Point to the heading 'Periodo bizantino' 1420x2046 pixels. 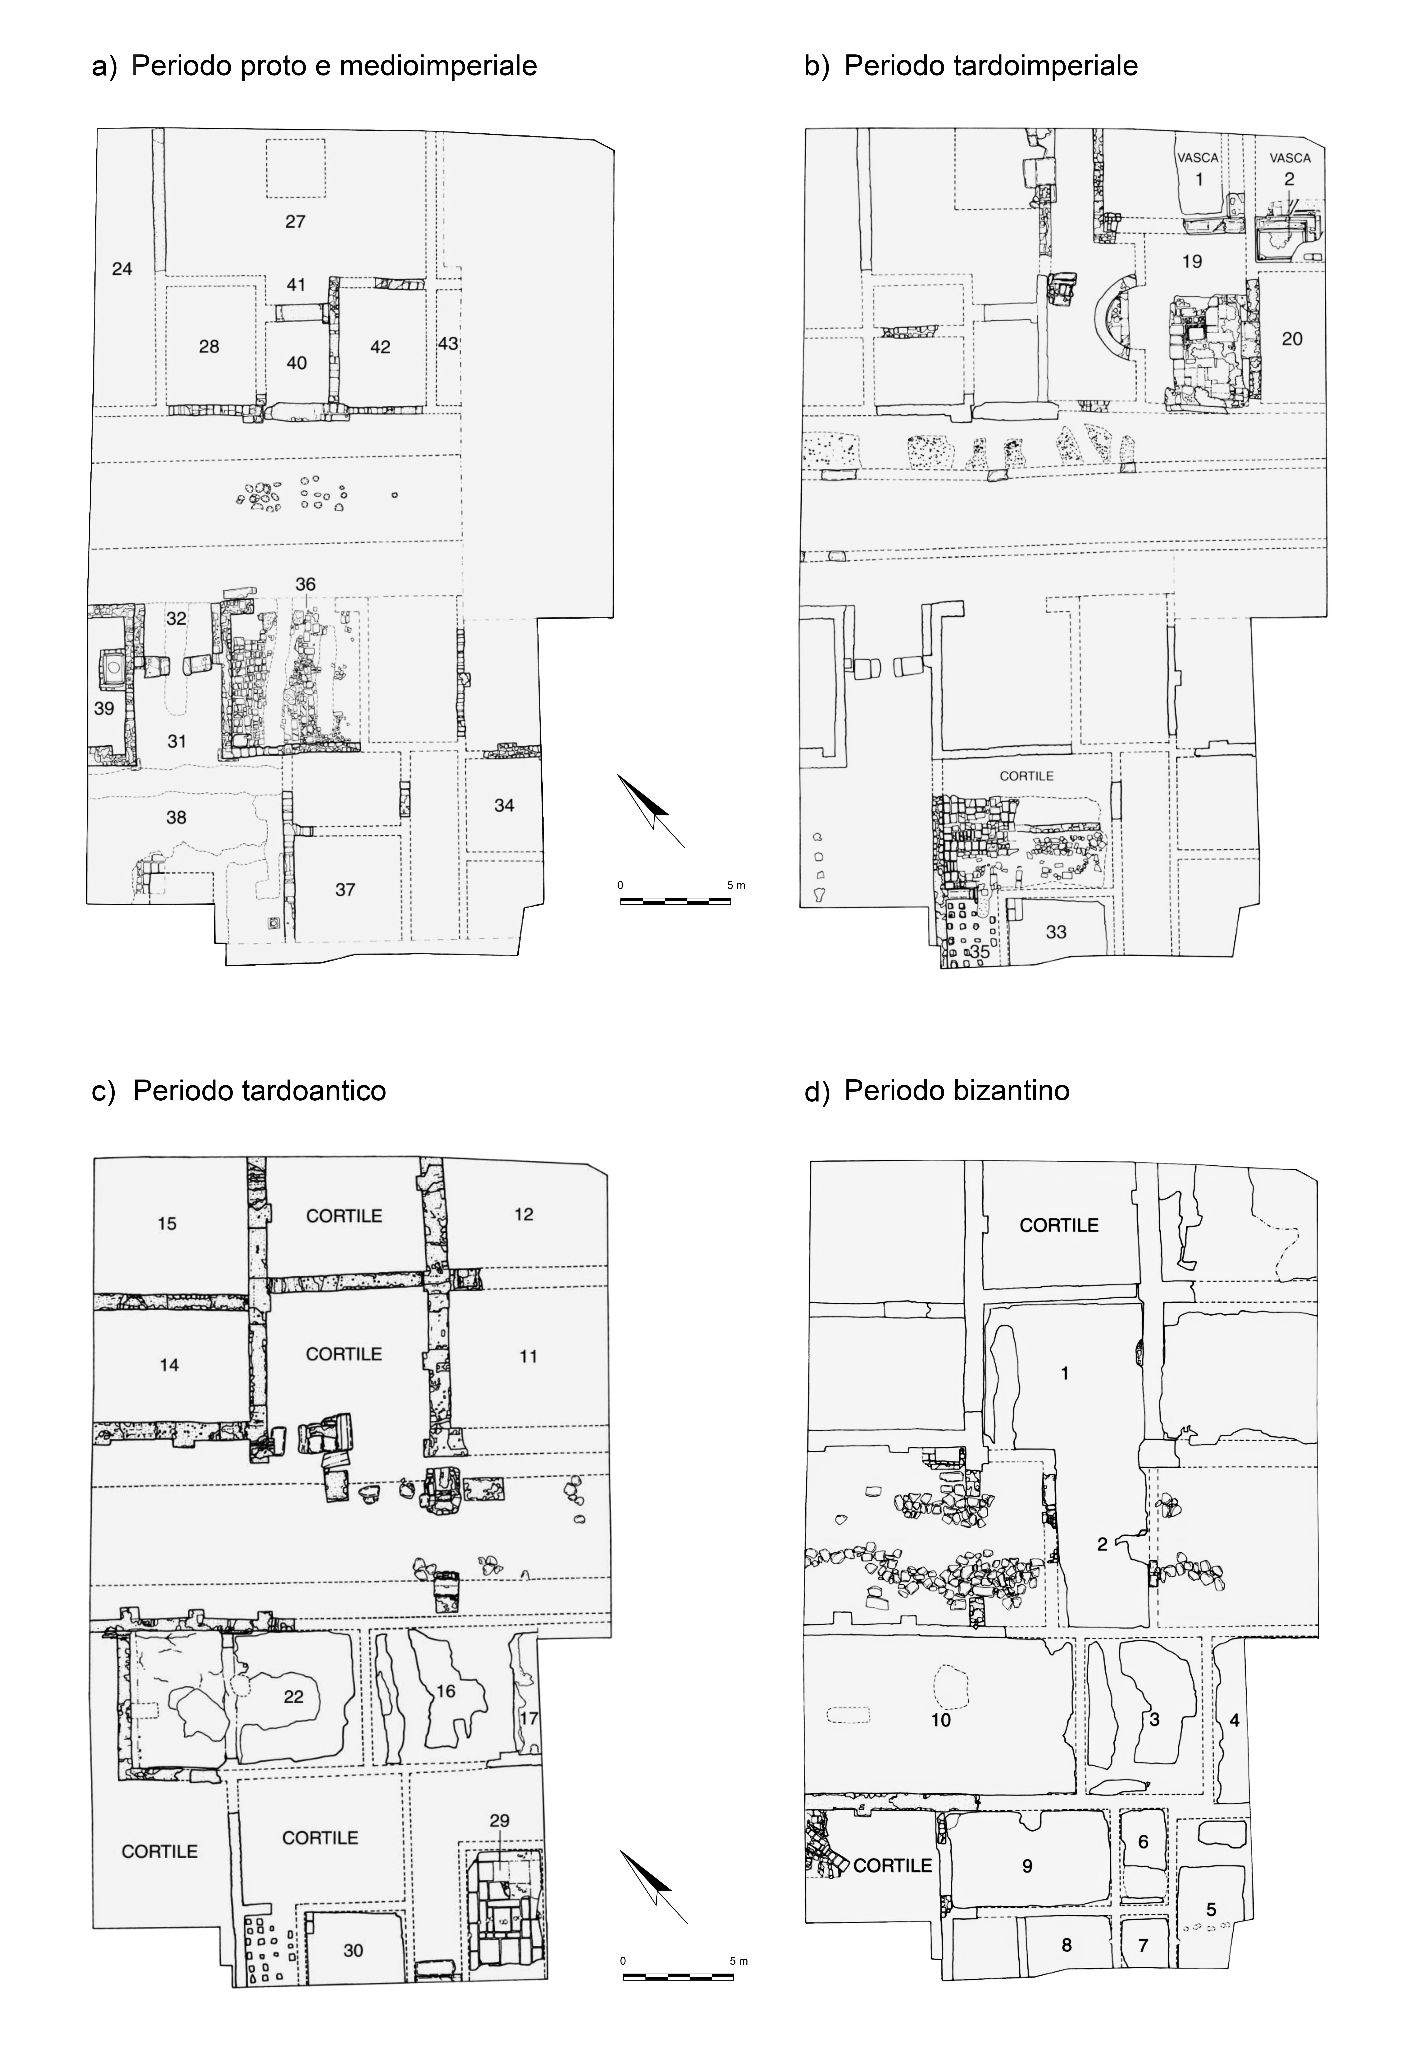point(957,1092)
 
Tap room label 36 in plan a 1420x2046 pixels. point(305,585)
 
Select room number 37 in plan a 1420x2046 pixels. point(345,890)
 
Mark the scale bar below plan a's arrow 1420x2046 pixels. point(675,901)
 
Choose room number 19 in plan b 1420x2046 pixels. point(1192,261)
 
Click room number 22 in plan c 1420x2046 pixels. point(294,1696)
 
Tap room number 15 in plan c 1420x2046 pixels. point(167,1224)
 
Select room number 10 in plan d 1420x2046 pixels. point(941,1720)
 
